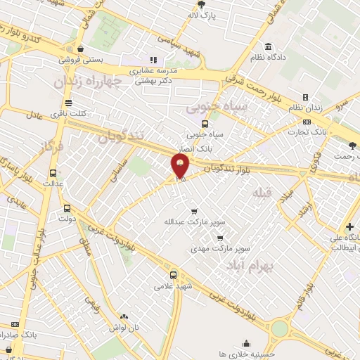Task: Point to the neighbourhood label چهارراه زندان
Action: [86, 82]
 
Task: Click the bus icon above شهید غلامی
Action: [173, 275]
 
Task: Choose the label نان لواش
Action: [124, 328]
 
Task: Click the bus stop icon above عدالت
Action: [53, 174]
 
